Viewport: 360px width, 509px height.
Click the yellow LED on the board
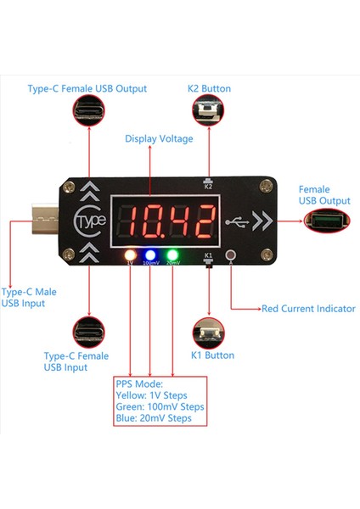pos(130,254)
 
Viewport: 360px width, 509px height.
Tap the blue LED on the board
pos(149,254)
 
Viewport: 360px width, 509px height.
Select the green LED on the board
pos(172,254)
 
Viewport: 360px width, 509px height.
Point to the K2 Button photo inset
pos(207,114)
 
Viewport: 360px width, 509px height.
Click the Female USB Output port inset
pos(328,221)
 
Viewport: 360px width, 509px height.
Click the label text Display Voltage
pos(159,137)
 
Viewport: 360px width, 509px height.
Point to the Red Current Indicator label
pos(307,309)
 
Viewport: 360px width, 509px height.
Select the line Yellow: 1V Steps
pos(150,394)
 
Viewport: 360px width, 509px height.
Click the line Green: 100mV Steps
pos(159,406)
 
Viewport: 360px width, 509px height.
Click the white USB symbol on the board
pos(241,221)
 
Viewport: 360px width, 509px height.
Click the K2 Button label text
pos(208,88)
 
